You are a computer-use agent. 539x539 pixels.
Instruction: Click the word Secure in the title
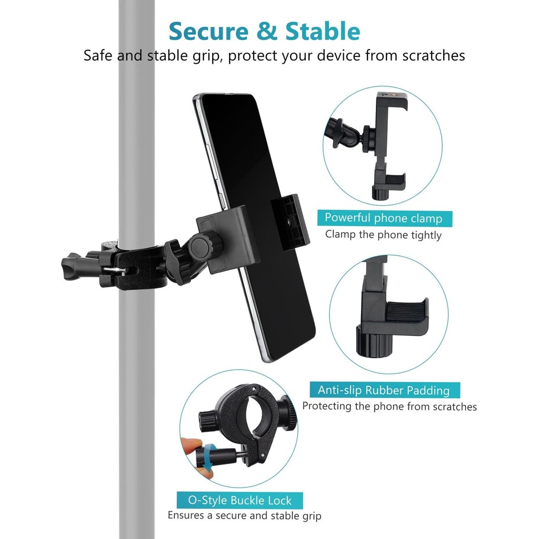208,31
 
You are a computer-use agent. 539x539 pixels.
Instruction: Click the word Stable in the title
323,31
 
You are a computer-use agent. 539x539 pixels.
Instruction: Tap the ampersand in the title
267,31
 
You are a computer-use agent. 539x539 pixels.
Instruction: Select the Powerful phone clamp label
384,218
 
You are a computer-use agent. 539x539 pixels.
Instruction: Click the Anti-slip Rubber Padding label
384,390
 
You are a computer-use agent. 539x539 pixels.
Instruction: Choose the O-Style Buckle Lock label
239,500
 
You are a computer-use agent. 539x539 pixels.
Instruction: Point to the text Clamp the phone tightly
383,235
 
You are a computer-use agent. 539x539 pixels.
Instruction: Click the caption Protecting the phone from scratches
390,406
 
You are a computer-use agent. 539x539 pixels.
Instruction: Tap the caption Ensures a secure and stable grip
244,516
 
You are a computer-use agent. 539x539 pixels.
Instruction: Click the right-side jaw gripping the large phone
290,222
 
